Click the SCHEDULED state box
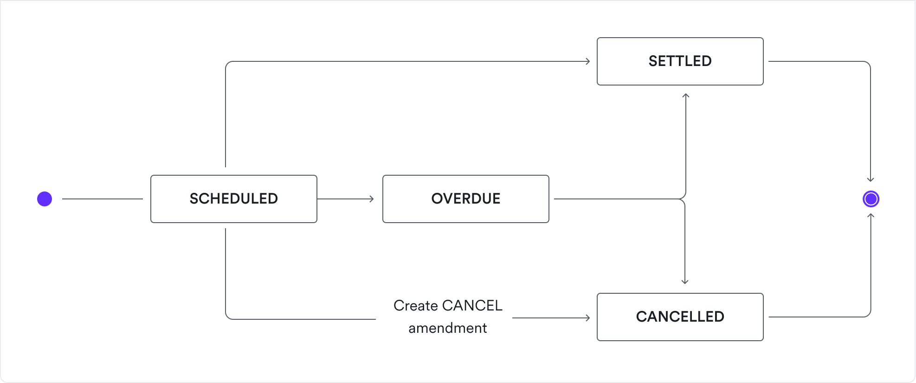click(x=233, y=199)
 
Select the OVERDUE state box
click(x=465, y=199)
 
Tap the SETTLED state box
click(x=680, y=61)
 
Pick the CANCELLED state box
click(x=680, y=317)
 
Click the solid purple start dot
click(x=45, y=199)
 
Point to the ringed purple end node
click(x=871, y=199)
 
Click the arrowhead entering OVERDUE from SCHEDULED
click(x=371, y=199)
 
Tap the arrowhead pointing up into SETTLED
click(x=686, y=96)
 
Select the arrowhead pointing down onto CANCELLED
click(x=685, y=281)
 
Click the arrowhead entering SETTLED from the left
click(x=587, y=61)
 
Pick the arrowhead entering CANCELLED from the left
click(x=587, y=318)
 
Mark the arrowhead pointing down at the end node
click(x=871, y=179)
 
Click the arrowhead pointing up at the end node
click(x=871, y=216)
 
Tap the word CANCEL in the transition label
click(x=472, y=306)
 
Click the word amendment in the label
click(x=447, y=328)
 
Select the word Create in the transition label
click(x=416, y=306)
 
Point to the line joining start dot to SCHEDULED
click(x=102, y=199)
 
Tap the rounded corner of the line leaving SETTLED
click(x=867, y=64)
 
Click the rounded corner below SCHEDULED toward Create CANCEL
click(x=228, y=316)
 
